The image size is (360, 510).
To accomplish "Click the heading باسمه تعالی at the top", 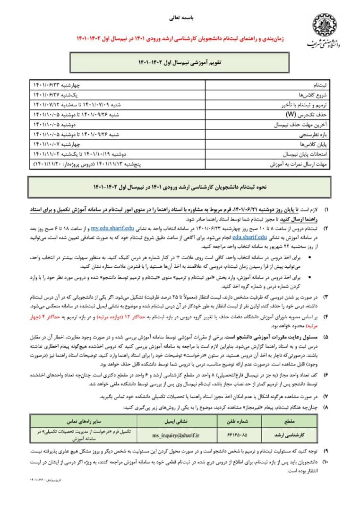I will click(180, 20).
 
